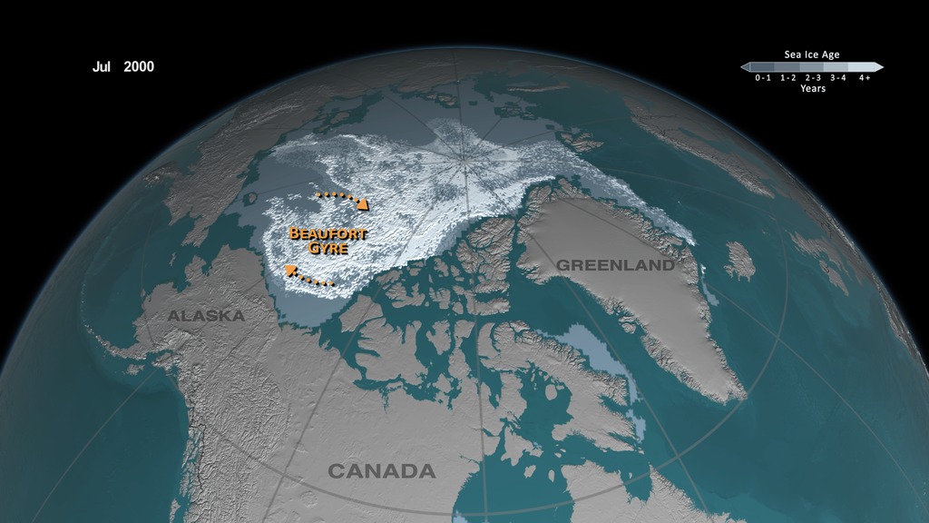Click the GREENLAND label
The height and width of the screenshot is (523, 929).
pos(615,265)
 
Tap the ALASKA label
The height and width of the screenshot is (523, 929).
pos(206,316)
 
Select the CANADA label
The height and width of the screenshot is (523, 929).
pos(381,471)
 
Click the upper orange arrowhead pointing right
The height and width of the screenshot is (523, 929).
pos(363,204)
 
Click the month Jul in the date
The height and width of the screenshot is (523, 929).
pos(102,66)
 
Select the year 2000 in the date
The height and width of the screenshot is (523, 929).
pos(139,66)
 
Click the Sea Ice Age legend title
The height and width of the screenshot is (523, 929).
pos(812,54)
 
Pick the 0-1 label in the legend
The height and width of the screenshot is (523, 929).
pos(763,78)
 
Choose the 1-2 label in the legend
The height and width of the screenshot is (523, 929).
pos(787,78)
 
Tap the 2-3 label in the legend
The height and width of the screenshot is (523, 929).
pos(812,78)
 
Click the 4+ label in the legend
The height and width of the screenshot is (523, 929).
pos(864,78)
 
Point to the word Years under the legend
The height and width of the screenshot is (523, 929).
pos(812,89)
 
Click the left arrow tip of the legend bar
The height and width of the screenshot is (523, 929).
pos(743,67)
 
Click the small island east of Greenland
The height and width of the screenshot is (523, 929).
pos(739,261)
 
